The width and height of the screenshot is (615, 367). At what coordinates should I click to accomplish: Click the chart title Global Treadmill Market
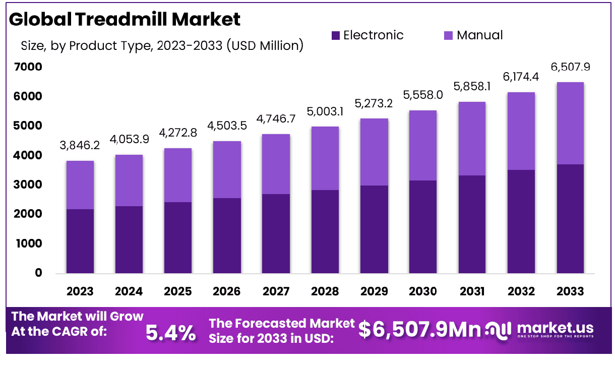(125, 19)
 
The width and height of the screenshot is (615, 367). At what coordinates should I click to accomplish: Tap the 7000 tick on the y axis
(32, 67)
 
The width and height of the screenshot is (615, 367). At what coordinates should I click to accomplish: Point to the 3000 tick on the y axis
(32, 185)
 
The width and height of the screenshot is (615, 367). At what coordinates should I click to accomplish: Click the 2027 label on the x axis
(276, 291)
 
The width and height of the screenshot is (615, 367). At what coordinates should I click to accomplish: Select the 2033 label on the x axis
(570, 291)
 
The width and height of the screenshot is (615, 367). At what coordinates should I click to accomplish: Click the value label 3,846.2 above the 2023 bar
(80, 146)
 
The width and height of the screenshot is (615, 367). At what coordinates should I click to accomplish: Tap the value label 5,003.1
(325, 111)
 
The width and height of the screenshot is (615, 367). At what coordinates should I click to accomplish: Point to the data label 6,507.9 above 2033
(570, 67)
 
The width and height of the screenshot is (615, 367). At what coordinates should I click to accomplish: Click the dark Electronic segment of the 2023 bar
(80, 241)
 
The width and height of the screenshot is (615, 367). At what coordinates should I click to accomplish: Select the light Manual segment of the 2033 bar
(570, 123)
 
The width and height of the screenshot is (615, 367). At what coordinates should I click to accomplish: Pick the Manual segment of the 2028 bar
(325, 158)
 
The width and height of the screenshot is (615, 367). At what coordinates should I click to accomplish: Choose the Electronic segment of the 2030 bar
(423, 227)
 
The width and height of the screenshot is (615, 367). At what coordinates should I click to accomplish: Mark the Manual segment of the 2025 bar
(178, 175)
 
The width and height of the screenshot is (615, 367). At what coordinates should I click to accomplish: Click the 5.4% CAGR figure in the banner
(170, 332)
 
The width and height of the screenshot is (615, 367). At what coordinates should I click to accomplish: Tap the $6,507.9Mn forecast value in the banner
(419, 330)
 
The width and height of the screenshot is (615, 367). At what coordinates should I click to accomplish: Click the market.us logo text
(555, 328)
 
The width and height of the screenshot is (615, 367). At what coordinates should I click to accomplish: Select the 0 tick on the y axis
(38, 273)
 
